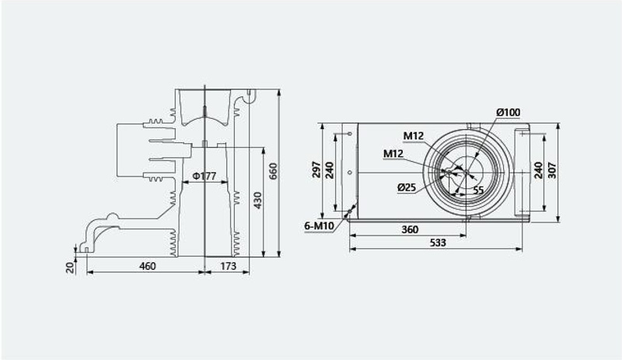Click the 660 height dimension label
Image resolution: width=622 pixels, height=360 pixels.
274,171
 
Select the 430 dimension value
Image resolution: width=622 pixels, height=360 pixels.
258,201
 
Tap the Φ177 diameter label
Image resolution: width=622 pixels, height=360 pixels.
204,176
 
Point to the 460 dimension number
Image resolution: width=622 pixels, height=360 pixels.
147,266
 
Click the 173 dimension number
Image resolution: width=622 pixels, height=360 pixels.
228,266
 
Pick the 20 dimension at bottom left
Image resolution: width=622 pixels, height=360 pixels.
70,267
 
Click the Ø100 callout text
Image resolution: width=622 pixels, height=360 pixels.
508,112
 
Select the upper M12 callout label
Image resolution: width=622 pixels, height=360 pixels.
414,136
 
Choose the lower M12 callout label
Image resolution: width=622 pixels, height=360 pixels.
393,153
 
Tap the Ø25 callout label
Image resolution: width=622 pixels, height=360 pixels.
407,187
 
